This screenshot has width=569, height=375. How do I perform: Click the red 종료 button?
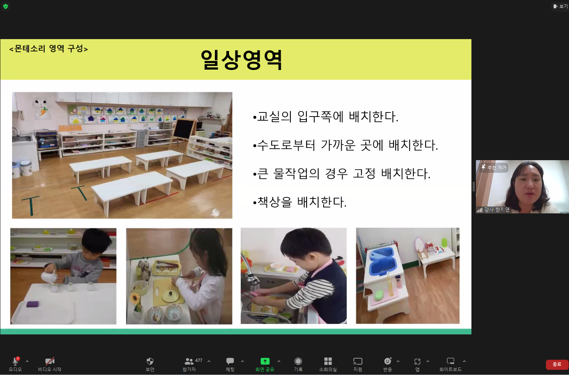(557, 364)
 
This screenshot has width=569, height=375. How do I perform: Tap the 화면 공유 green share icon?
(265, 361)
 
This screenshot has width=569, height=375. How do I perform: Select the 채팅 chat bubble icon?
(230, 361)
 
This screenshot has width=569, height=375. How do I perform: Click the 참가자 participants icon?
(189, 361)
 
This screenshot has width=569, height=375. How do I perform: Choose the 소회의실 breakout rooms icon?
(328, 361)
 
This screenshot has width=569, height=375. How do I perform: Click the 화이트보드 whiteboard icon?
(450, 361)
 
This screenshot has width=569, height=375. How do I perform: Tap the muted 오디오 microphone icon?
(16, 361)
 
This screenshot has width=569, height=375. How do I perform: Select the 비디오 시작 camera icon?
(50, 361)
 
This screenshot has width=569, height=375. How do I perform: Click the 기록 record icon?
(298, 361)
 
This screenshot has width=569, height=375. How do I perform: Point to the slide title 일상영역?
(241, 60)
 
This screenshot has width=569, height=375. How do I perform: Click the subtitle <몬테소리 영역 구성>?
(48, 48)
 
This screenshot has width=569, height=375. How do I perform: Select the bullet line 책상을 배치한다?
(300, 202)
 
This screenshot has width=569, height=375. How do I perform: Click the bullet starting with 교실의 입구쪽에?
(326, 117)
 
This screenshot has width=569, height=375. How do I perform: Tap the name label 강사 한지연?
(497, 210)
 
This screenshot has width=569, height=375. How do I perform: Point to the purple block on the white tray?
(32, 304)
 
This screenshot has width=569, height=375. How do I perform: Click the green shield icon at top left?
(6, 6)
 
